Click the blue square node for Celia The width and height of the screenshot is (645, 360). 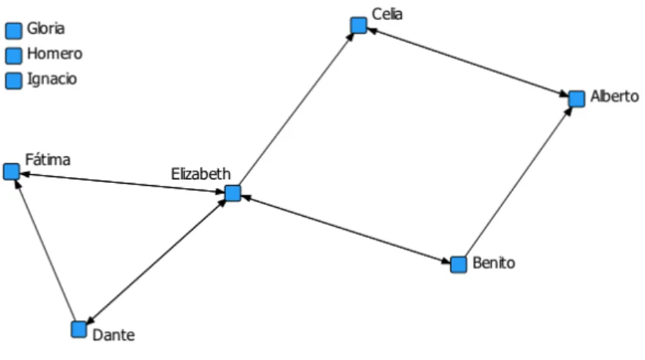358,26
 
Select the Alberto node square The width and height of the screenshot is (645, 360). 577,98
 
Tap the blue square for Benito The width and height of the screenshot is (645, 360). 458,264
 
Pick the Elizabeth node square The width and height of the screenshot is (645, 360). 233,193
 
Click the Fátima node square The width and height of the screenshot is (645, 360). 12,172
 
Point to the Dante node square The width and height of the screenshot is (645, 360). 79,329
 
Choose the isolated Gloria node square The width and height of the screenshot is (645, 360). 13,31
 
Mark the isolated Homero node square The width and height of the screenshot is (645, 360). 13,56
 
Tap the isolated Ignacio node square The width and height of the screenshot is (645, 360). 13,81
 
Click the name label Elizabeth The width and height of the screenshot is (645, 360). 201,174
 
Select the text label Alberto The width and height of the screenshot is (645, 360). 615,96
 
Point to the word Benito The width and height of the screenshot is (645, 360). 494,262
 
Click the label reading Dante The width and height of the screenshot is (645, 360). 114,335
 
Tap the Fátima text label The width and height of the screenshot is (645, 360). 48,159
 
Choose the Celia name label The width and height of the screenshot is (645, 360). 387,14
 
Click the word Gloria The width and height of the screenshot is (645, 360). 46,29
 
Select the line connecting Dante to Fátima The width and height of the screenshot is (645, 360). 46,251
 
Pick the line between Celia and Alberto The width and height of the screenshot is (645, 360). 468,62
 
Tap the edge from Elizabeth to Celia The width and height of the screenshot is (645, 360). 297,109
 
